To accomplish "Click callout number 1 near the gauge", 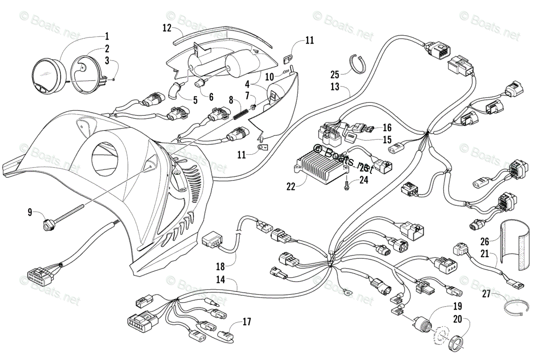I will coord(107,36).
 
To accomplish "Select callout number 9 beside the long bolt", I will coord(30,213).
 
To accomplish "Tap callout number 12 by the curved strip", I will coord(167,28).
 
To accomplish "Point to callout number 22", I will coord(291,187).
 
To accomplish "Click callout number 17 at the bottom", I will coord(246,322).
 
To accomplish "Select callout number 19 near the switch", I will coord(457,307).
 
